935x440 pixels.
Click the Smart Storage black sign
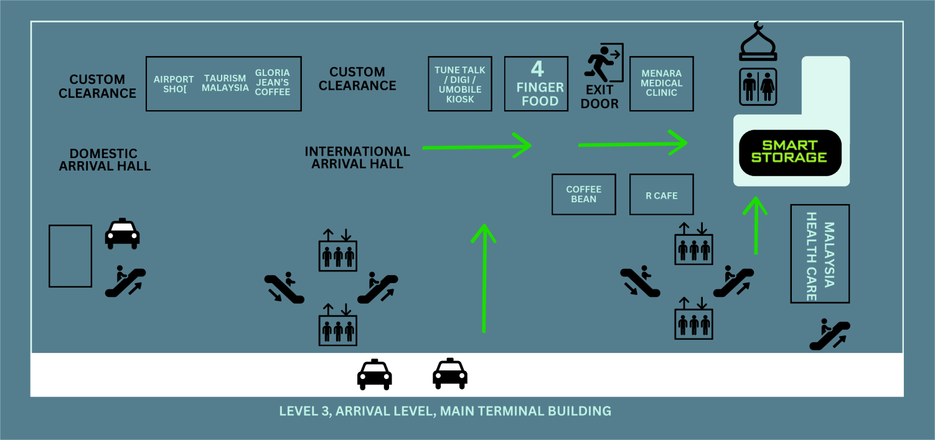point(790,152)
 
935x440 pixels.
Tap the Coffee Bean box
point(583,194)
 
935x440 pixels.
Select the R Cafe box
point(661,195)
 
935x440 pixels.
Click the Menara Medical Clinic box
point(661,83)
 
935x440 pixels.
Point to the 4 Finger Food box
point(536,84)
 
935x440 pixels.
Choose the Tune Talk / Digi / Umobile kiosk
point(460,84)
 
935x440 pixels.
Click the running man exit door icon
point(603,63)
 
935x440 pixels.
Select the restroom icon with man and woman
point(758,87)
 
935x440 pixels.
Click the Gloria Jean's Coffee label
point(273,82)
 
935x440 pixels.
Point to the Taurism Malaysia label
point(225,83)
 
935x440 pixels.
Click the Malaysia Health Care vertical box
point(820,253)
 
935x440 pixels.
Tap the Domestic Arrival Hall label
point(105,159)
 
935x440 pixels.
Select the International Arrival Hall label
point(357,157)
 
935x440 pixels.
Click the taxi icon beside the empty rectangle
point(122,234)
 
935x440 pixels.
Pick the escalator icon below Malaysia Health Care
point(829,334)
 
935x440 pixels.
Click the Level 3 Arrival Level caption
point(445,411)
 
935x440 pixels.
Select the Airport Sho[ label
point(174,83)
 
